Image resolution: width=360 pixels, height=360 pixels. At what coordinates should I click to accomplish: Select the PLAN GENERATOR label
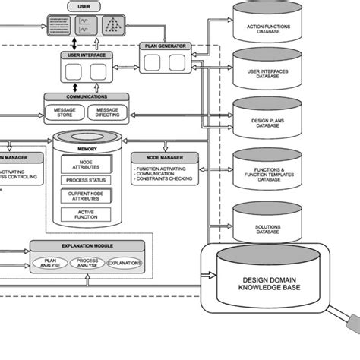(x=166, y=47)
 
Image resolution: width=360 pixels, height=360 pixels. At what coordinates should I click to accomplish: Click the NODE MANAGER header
(x=165, y=158)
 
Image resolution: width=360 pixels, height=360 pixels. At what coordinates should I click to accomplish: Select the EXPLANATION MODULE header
(x=87, y=247)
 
